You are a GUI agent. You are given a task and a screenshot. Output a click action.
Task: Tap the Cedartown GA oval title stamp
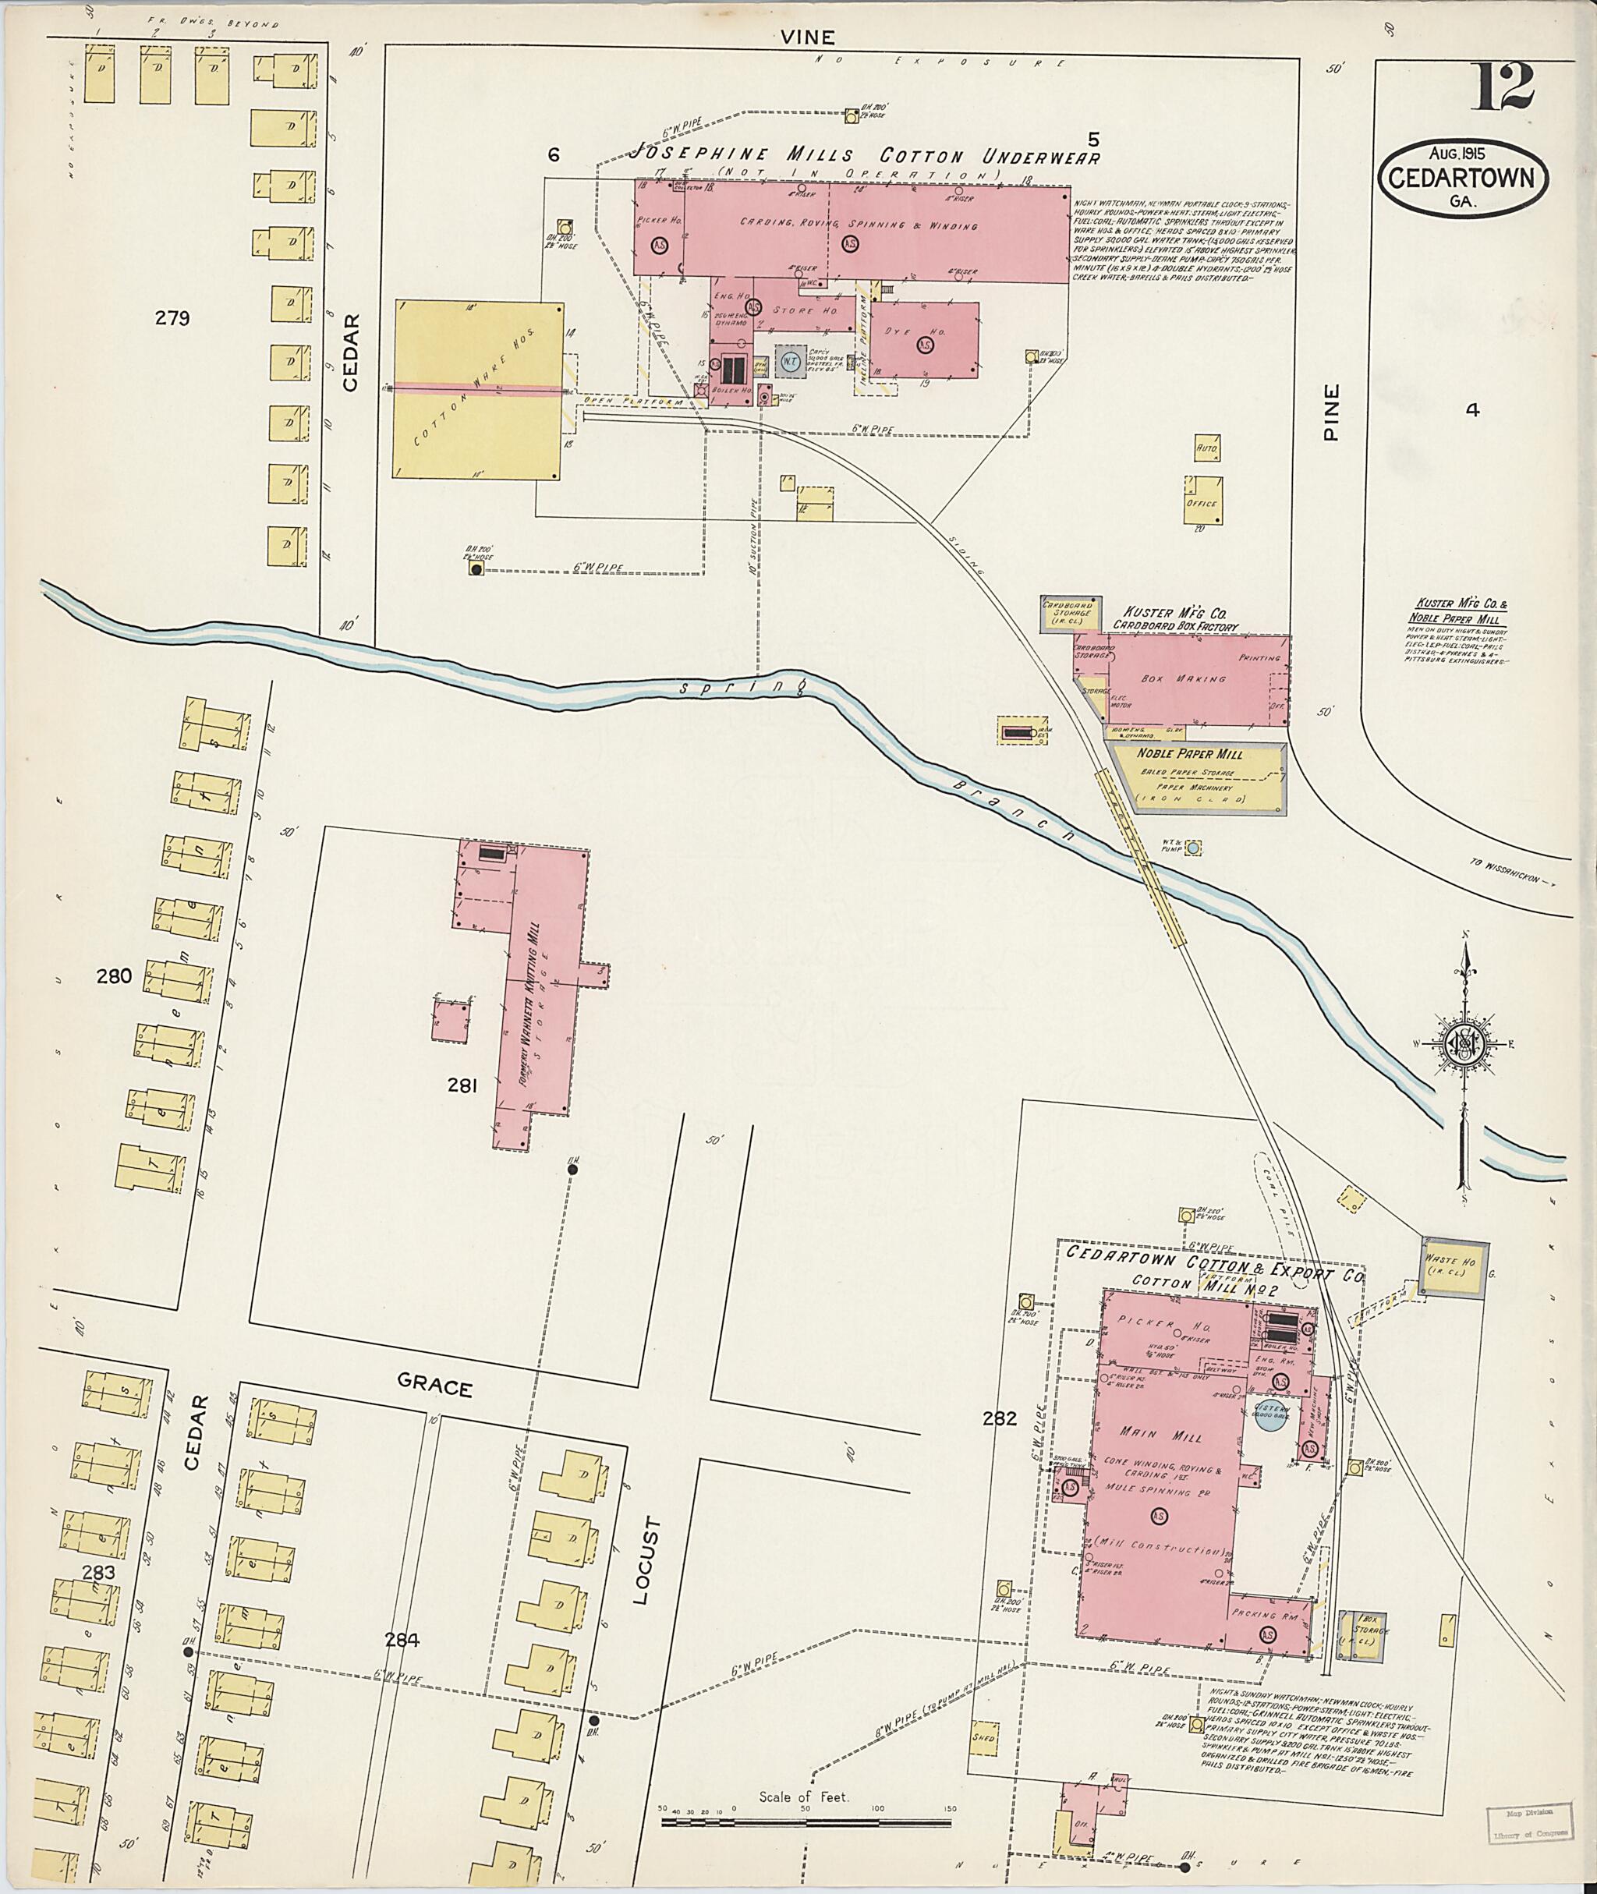(x=1463, y=178)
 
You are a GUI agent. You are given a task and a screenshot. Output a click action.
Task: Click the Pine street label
(x=1330, y=412)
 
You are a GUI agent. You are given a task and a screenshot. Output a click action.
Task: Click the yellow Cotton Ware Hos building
(x=479, y=389)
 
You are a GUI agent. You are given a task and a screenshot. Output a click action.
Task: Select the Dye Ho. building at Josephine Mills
(x=924, y=338)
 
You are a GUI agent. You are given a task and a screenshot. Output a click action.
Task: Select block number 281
(x=462, y=1085)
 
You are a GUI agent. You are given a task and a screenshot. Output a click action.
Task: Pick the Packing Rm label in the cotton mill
(x=1266, y=1615)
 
